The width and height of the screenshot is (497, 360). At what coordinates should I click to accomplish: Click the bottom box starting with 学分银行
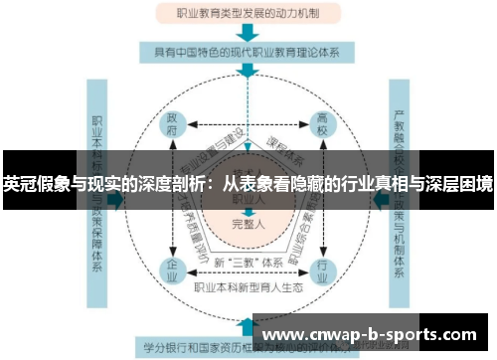[199, 348]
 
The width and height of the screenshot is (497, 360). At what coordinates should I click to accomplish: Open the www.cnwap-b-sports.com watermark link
[373, 335]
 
